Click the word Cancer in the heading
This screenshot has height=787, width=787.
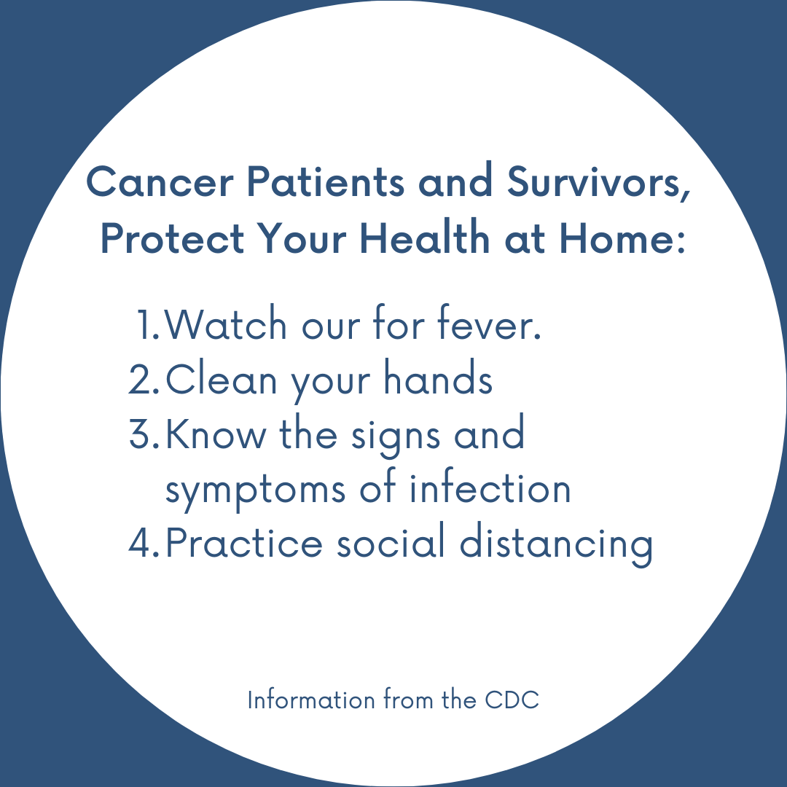(x=160, y=182)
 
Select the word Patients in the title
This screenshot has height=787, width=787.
(x=325, y=181)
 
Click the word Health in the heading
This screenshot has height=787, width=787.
(x=425, y=238)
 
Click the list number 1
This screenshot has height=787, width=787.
(x=147, y=325)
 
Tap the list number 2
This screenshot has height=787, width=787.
(x=144, y=380)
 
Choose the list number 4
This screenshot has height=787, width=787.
(x=144, y=544)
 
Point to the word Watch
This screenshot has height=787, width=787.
(x=225, y=324)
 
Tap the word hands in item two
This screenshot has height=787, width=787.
(x=438, y=377)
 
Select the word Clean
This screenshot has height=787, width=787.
(x=221, y=378)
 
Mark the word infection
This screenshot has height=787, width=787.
(x=490, y=485)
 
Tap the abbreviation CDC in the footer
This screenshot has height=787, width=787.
(x=512, y=700)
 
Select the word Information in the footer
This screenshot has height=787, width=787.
(x=311, y=699)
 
